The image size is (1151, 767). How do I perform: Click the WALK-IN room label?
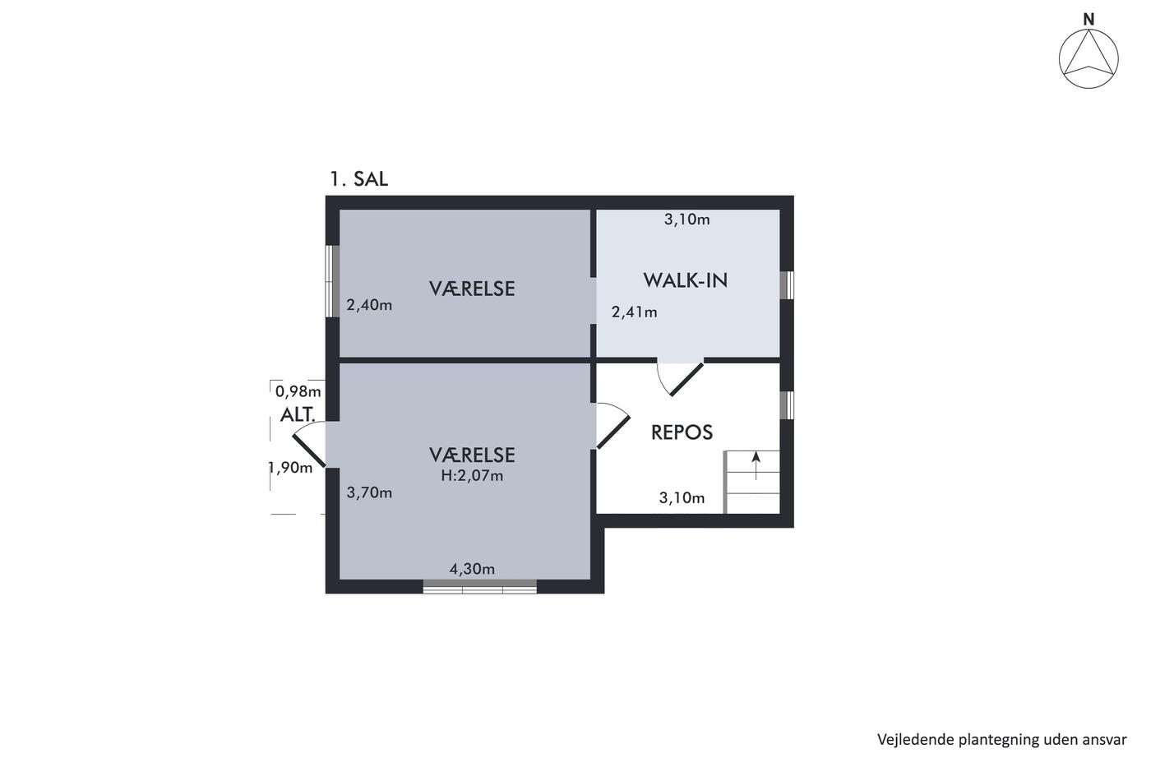(x=686, y=280)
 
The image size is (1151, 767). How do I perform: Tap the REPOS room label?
(x=682, y=432)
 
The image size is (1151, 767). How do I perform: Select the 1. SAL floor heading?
(x=358, y=179)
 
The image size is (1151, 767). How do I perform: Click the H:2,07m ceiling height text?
(x=472, y=476)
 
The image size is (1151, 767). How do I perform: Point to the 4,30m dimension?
(x=472, y=569)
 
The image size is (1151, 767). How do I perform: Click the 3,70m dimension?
(x=369, y=492)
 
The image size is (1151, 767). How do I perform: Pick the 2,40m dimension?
(x=369, y=305)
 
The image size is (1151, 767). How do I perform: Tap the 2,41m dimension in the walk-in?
(x=634, y=312)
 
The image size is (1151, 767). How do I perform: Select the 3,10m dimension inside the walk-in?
(x=687, y=219)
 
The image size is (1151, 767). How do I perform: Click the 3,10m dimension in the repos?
(x=682, y=497)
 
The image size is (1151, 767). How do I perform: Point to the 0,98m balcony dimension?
(x=298, y=391)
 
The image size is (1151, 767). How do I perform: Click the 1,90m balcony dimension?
(x=291, y=468)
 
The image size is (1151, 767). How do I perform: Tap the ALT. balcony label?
(x=298, y=414)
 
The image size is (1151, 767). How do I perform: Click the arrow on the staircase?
(x=756, y=465)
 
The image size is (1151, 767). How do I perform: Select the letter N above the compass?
(x=1089, y=20)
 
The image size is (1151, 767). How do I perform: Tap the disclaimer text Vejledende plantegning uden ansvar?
(x=1001, y=739)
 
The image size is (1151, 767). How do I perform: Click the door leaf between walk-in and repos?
(x=687, y=379)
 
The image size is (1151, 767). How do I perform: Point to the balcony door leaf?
(x=309, y=451)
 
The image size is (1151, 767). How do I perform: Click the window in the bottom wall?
(x=480, y=587)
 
